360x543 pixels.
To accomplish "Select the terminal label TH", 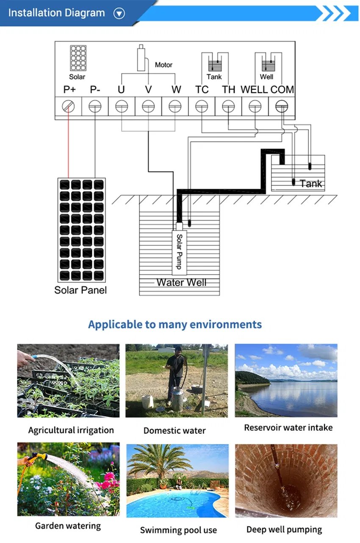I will pyautogui.click(x=228, y=90).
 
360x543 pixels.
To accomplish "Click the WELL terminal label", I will pyautogui.click(x=254, y=90).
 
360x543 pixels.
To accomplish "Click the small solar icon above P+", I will pyautogui.click(x=78, y=58).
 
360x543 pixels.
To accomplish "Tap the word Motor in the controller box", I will pyautogui.click(x=163, y=65).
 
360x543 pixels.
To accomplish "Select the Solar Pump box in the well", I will pyautogui.click(x=179, y=252).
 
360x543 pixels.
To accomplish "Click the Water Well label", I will pyautogui.click(x=181, y=282).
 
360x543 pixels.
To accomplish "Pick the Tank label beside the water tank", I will pyautogui.click(x=310, y=184).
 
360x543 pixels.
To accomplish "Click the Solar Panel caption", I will pyautogui.click(x=80, y=290).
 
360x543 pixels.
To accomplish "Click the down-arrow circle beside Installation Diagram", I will pyautogui.click(x=119, y=14).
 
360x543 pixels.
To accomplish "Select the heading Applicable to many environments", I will pyautogui.click(x=175, y=325).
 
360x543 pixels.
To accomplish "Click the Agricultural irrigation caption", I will pyautogui.click(x=71, y=430).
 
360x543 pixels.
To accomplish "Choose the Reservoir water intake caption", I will pyautogui.click(x=288, y=428).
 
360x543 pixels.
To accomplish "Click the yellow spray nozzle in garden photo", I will pyautogui.click(x=39, y=457).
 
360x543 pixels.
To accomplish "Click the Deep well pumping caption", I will pyautogui.click(x=284, y=529).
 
